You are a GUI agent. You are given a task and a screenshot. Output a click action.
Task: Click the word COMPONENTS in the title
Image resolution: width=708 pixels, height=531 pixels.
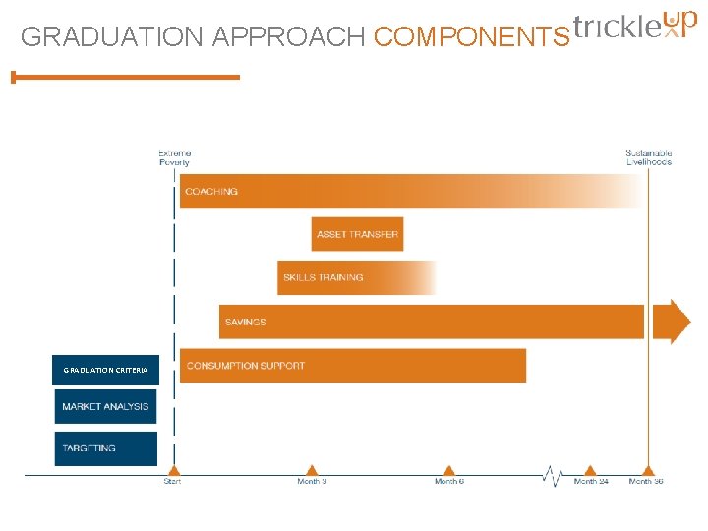click(471, 37)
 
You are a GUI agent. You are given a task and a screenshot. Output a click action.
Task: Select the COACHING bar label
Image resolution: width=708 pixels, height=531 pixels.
click(211, 192)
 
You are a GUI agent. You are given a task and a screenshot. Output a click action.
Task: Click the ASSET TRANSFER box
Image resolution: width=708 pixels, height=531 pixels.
click(357, 234)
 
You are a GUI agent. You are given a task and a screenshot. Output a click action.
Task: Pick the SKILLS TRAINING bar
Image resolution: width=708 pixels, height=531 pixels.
click(356, 277)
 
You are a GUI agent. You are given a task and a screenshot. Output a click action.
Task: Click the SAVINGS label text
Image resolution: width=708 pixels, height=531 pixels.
click(246, 322)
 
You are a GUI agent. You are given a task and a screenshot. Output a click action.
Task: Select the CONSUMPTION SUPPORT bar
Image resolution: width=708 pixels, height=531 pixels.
click(352, 366)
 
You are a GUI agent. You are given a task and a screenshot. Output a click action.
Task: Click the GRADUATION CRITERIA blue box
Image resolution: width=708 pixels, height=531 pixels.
click(105, 370)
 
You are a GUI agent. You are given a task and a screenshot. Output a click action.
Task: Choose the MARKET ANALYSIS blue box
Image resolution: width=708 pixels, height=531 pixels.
click(105, 407)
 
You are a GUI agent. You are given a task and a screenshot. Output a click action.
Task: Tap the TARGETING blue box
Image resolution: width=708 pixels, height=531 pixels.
click(105, 448)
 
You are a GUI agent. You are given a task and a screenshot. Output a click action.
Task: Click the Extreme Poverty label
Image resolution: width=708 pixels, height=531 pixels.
click(175, 157)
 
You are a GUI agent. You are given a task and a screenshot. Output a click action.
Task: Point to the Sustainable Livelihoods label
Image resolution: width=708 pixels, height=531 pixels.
click(648, 157)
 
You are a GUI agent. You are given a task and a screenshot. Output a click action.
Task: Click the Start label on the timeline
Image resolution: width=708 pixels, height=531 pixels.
click(172, 482)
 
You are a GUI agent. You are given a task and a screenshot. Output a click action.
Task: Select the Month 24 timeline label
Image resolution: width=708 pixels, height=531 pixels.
click(590, 482)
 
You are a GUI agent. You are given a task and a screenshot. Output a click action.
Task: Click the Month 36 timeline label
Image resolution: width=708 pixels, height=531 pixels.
click(646, 482)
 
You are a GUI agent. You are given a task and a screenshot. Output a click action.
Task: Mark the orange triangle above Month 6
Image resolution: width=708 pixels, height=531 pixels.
click(449, 470)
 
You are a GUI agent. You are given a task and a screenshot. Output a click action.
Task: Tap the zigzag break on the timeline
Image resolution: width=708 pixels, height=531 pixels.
click(553, 477)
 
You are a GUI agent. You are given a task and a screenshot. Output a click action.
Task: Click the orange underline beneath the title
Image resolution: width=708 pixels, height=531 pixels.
click(126, 77)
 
